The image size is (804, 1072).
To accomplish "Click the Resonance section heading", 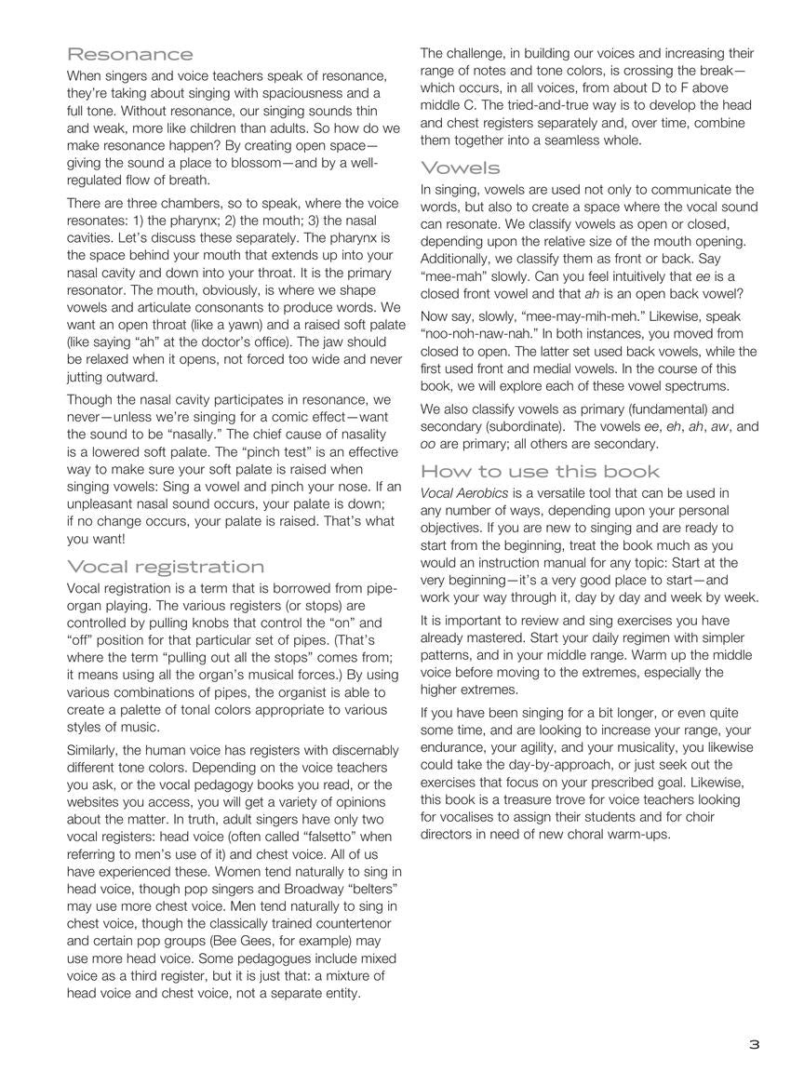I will [130, 54].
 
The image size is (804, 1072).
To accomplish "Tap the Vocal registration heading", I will [166, 567].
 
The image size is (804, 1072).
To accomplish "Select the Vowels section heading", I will [461, 168].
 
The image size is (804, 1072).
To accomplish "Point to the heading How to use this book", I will [541, 471].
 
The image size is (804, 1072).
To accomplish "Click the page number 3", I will [754, 1044].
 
